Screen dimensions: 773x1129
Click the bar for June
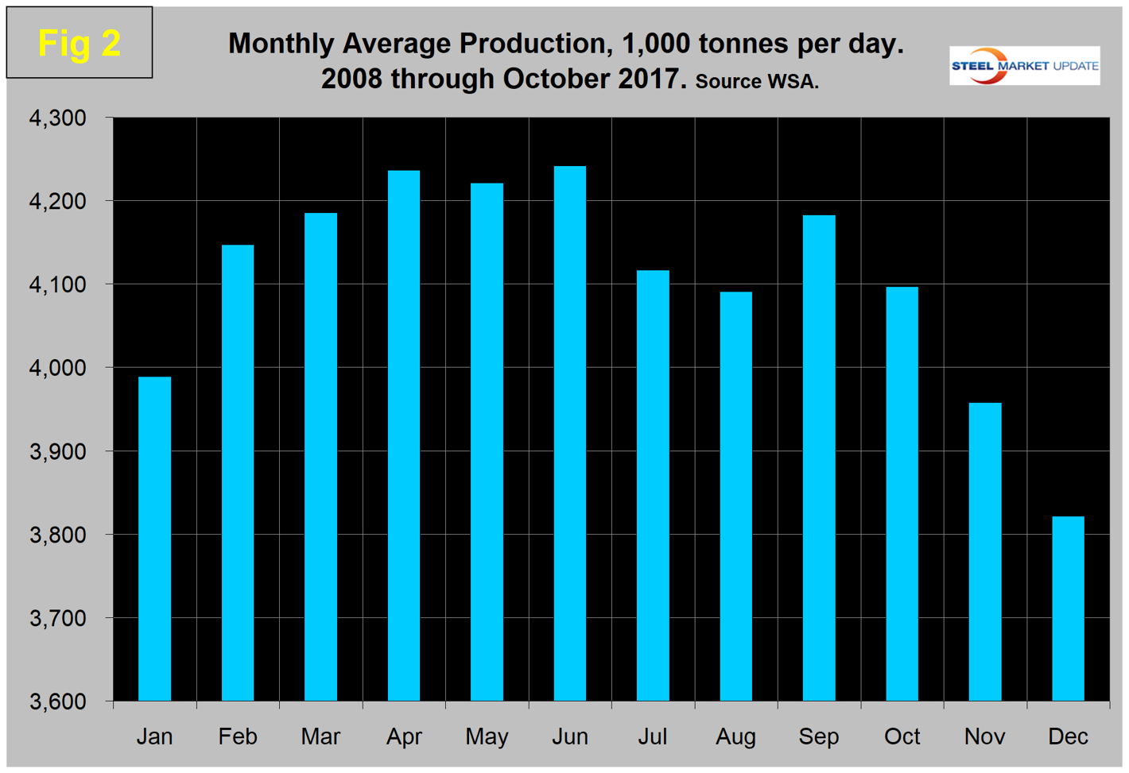pyautogui.click(x=570, y=433)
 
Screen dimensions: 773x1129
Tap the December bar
pyautogui.click(x=1068, y=608)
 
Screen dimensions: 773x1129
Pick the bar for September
pyautogui.click(x=819, y=458)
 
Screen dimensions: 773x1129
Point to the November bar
pyautogui.click(x=985, y=551)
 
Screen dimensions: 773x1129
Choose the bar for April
pyautogui.click(x=404, y=435)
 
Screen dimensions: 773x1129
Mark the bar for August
pyautogui.click(x=735, y=496)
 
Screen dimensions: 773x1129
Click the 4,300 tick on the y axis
pyautogui.click(x=57, y=118)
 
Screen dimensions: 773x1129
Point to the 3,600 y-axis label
pyautogui.click(x=57, y=701)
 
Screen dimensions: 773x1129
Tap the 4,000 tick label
pyautogui.click(x=57, y=368)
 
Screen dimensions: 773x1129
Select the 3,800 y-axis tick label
pyautogui.click(x=57, y=535)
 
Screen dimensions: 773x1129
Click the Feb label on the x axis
pyautogui.click(x=238, y=736)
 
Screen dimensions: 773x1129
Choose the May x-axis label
pyautogui.click(x=487, y=736)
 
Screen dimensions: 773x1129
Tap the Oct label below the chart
pyautogui.click(x=902, y=736)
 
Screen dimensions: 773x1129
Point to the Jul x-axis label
pyautogui.click(x=652, y=736)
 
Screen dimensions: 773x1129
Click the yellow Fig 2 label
pyautogui.click(x=80, y=43)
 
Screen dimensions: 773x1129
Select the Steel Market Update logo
pyautogui.click(x=1024, y=66)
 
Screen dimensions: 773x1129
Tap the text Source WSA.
pyautogui.click(x=756, y=82)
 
